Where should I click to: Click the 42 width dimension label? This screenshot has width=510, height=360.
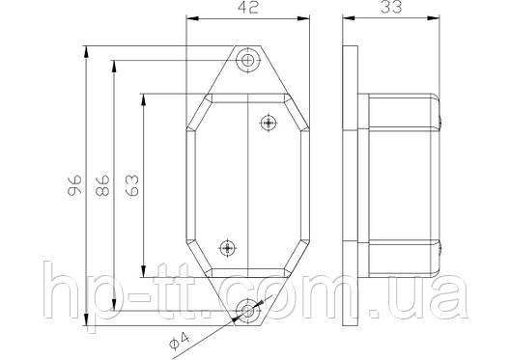pyautogui.click(x=248, y=8)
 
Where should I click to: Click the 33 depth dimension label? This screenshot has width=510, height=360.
pyautogui.click(x=391, y=7)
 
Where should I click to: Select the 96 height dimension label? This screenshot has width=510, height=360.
pyautogui.click(x=74, y=185)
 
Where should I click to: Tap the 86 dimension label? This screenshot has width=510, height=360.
pyautogui.click(x=102, y=185)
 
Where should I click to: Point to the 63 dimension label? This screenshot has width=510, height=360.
pyautogui.click(x=132, y=185)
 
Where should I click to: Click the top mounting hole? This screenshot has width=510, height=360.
pyautogui.click(x=248, y=60)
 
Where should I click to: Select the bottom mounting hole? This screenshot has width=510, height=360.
pyautogui.click(x=247, y=311)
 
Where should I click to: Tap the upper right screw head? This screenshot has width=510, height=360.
pyautogui.click(x=269, y=123)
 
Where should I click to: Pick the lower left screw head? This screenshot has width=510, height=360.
pyautogui.click(x=227, y=249)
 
